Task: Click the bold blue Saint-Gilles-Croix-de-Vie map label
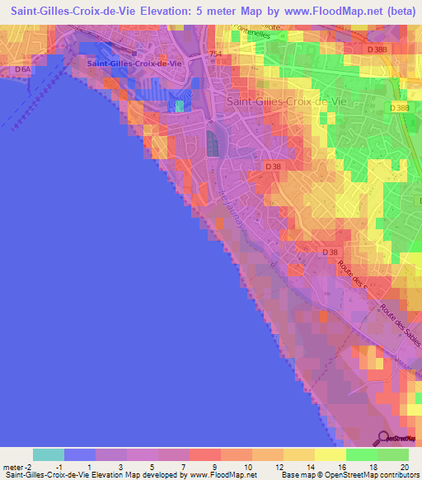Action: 134,63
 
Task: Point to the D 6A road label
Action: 22,70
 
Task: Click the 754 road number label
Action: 216,54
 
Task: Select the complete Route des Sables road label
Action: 400,323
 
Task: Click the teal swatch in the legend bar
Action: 49,454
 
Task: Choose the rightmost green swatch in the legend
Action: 393,454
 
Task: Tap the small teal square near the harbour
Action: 180,106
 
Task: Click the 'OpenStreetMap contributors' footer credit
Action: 373,475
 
